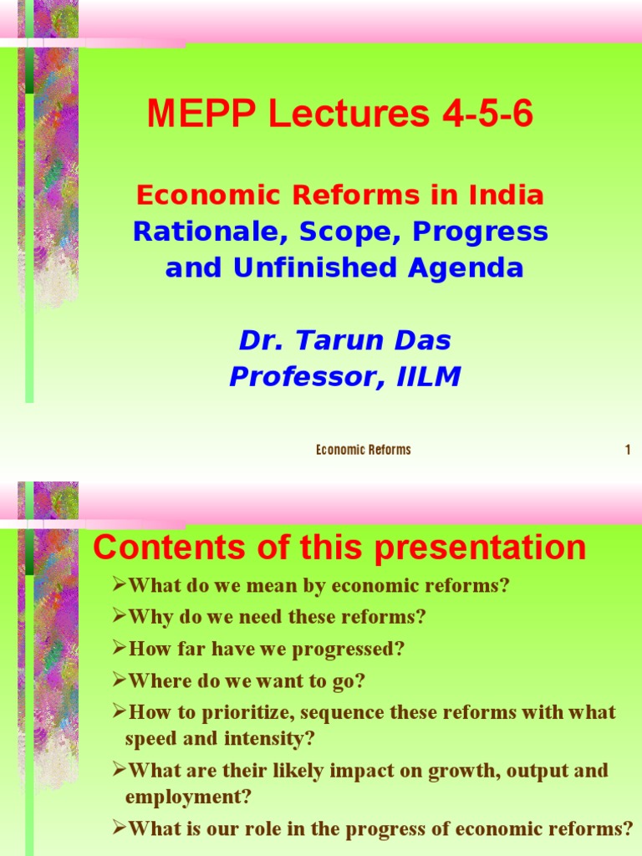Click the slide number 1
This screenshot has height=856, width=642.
627,451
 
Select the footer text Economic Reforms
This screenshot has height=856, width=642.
364,451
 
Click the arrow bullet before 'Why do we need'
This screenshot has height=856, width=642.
119,617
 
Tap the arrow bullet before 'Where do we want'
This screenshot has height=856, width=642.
119,680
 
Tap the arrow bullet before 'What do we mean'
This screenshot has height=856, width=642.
119,585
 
